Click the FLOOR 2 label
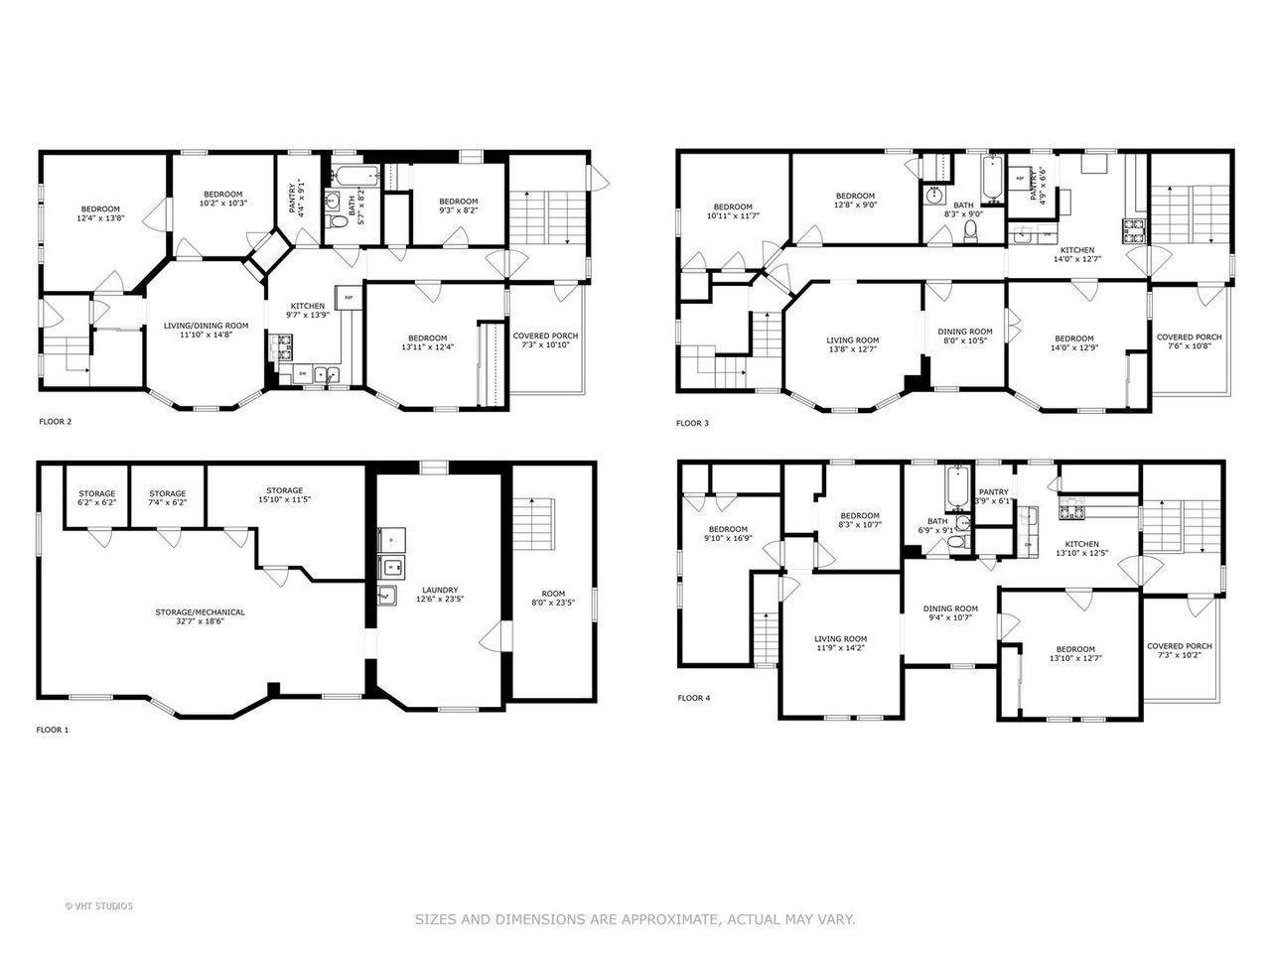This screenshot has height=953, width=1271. tap(55, 422)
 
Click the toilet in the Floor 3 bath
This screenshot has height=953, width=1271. tap(971, 230)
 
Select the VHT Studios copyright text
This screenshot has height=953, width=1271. tap(98, 905)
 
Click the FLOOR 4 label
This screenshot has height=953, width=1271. tap(694, 698)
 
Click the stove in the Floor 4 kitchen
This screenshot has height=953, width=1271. tap(1071, 513)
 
